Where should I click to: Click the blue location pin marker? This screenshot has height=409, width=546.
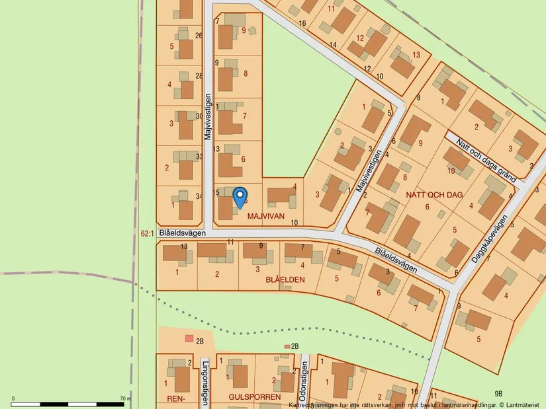239,197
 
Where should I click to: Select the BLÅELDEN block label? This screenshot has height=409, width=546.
285,279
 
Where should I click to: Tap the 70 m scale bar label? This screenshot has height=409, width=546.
126,399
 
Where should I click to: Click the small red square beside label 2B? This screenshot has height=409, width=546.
189,338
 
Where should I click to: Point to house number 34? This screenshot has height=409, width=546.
199,196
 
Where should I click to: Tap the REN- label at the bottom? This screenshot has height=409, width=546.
175,398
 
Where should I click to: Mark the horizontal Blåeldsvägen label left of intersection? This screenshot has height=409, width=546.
182,233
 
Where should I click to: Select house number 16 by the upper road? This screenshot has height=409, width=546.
302,24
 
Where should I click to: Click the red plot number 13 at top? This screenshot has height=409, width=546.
416,55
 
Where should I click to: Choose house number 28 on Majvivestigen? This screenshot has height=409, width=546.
199,75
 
